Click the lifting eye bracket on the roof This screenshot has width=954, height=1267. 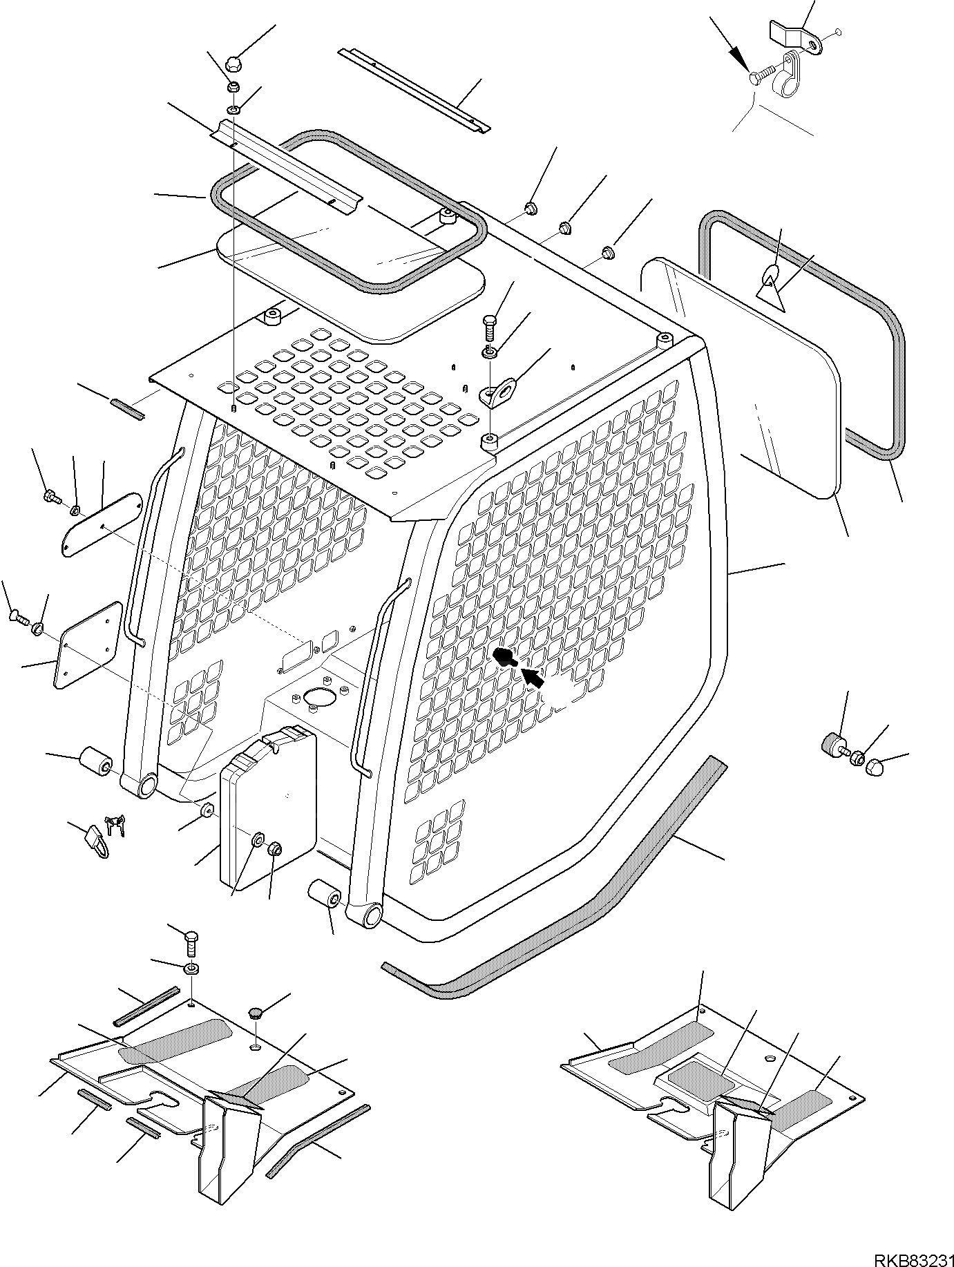pyautogui.click(x=499, y=392)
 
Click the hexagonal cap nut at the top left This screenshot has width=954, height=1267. pyautogui.click(x=233, y=64)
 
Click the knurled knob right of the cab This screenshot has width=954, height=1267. pyautogui.click(x=831, y=745)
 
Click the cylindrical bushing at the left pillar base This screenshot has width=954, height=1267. pyautogui.click(x=97, y=761)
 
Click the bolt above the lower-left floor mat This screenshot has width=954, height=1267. pyautogui.click(x=191, y=944)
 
